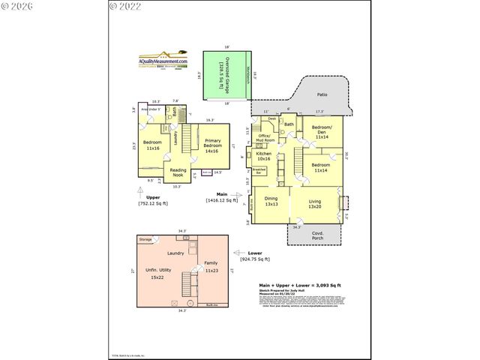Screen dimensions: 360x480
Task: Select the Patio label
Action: pos(322,95)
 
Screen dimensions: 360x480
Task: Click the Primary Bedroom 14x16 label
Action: pos(211,145)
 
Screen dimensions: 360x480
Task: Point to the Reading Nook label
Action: pos(178,173)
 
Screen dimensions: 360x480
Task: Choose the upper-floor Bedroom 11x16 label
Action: pos(153,145)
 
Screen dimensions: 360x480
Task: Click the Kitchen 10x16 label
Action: pos(263,156)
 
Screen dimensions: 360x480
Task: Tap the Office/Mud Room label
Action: pos(265,138)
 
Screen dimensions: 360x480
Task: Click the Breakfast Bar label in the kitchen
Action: pos(259,171)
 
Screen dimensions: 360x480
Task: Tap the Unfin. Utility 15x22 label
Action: pos(158,274)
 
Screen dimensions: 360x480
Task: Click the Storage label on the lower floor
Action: pos(145,239)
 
